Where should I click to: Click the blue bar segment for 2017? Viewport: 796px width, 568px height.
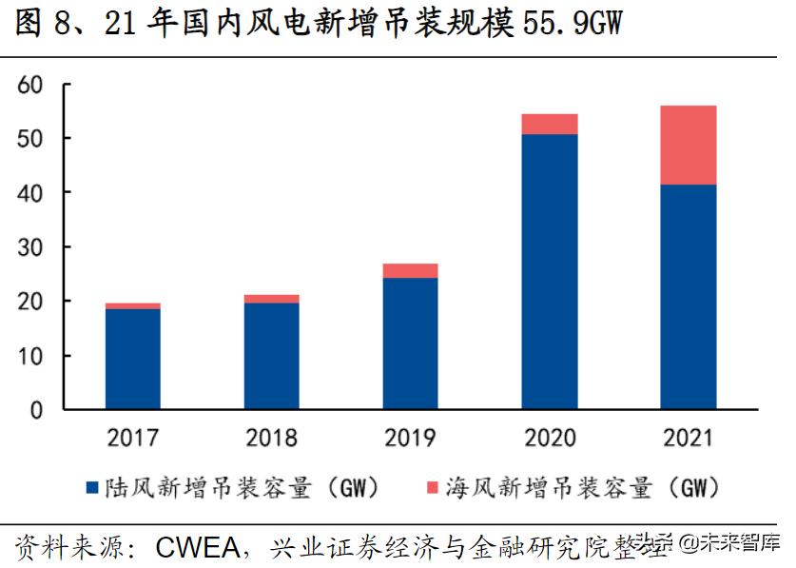coord(132,359)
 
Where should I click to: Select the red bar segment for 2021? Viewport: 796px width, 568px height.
coord(689,145)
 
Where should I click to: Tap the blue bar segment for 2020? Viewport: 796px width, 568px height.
coord(550,271)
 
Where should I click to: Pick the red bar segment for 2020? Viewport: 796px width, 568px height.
coord(550,124)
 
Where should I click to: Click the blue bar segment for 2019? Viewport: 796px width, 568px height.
coord(410,343)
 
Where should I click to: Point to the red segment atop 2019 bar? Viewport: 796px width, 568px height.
coord(410,271)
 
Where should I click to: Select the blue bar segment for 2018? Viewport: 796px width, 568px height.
coord(271,356)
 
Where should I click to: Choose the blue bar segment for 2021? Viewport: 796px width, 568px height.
coord(689,297)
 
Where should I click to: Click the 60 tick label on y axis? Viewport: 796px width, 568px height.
coord(30,85)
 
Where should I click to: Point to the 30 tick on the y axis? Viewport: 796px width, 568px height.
coord(30,247)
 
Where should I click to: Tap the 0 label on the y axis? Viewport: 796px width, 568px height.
coord(37,410)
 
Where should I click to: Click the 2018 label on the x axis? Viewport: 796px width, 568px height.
coord(271,439)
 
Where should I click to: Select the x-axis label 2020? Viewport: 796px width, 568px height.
coord(550,439)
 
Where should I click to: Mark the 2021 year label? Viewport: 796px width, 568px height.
coord(689,439)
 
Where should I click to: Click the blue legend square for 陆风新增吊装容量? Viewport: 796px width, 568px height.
coord(92,489)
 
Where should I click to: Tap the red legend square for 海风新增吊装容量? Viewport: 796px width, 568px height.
coord(431,489)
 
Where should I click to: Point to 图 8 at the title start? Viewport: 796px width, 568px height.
coord(43,23)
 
